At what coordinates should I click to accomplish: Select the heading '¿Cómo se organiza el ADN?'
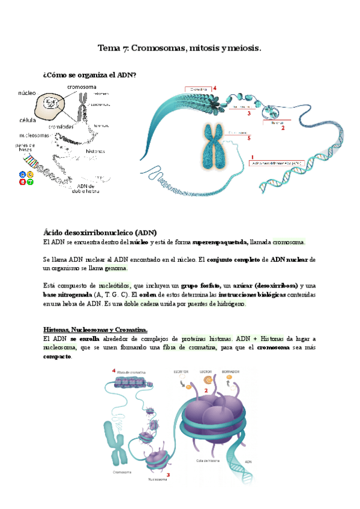coord(89,75)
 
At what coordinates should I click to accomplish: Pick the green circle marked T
coord(31,182)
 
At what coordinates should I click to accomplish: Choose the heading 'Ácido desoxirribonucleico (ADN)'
coord(100,232)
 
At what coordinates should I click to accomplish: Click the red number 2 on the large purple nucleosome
coord(206,391)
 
